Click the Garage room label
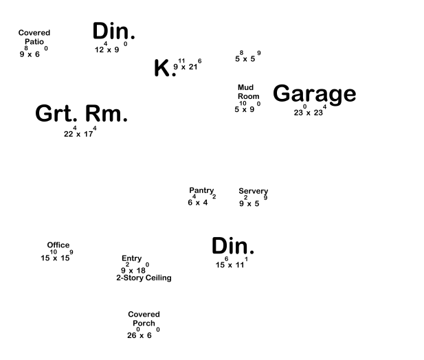[314, 93]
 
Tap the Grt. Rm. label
[81, 113]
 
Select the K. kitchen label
[164, 68]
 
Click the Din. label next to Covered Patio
[113, 31]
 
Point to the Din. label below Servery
[233, 246]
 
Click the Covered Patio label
[34, 37]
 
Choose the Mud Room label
[248, 92]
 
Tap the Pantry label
[201, 190]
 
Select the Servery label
[253, 191]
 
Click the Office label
[58, 245]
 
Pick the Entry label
[131, 259]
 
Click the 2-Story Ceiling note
[144, 278]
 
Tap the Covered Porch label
[144, 319]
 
